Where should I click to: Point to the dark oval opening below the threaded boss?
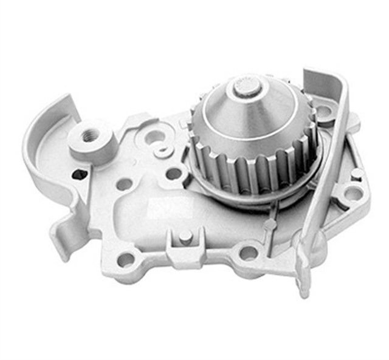tap(80, 175)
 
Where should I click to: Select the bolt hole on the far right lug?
tap(354, 194)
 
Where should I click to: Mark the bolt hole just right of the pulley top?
tap(323, 111)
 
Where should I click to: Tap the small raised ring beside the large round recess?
tap(163, 151)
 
